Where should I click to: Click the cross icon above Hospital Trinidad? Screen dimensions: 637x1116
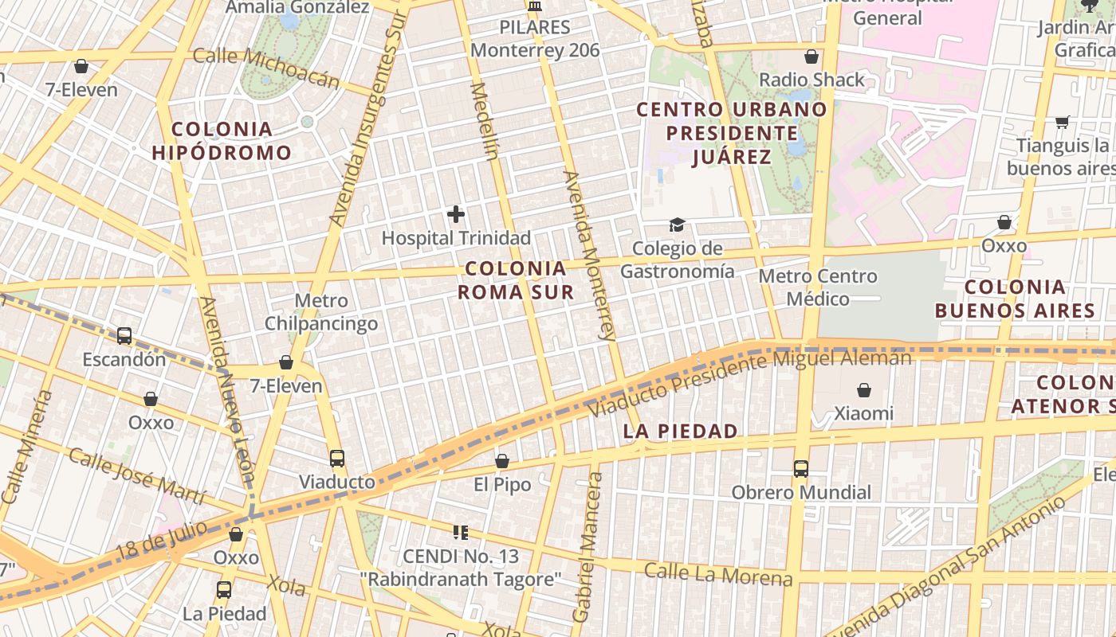click(x=456, y=214)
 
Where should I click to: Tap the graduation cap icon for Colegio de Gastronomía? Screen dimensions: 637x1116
click(x=677, y=225)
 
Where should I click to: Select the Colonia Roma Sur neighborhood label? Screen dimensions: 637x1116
click(x=516, y=280)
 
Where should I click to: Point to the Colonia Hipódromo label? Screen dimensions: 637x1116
click(x=222, y=141)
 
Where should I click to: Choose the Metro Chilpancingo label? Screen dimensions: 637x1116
click(x=321, y=312)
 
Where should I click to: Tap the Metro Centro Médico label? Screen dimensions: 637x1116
click(x=818, y=287)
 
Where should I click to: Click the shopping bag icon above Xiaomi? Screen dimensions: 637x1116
click(x=864, y=390)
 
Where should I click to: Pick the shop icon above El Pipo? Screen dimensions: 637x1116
click(x=502, y=461)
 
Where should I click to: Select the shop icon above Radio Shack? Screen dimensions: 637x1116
click(x=811, y=57)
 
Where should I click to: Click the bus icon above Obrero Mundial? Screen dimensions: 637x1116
click(x=801, y=469)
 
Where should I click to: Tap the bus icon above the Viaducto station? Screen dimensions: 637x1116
click(x=337, y=458)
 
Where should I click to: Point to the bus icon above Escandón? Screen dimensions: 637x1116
click(x=124, y=335)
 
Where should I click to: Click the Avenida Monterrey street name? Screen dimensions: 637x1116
click(x=590, y=255)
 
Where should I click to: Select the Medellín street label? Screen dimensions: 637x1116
click(x=485, y=120)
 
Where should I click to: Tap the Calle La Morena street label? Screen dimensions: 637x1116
click(x=718, y=574)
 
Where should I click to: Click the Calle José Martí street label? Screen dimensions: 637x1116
click(x=136, y=475)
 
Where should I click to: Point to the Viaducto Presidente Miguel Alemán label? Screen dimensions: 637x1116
click(x=749, y=384)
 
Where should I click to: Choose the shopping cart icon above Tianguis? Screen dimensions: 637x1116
click(x=1062, y=123)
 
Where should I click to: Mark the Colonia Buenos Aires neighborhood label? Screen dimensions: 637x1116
click(x=1015, y=299)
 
